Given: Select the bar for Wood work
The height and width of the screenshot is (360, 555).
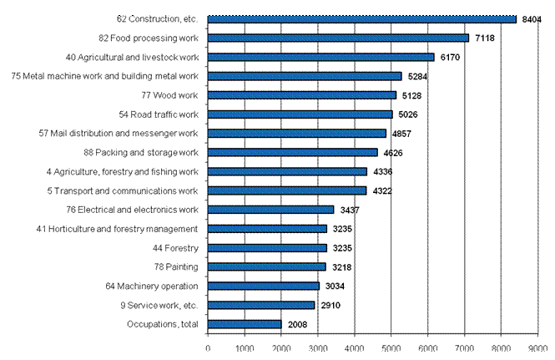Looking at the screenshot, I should [x=301, y=95].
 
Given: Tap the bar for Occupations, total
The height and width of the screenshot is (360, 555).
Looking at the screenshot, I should [x=244, y=324].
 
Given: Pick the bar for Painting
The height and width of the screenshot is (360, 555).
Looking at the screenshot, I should [x=266, y=267].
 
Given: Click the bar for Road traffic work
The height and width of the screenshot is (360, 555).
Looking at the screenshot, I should [x=300, y=114].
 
